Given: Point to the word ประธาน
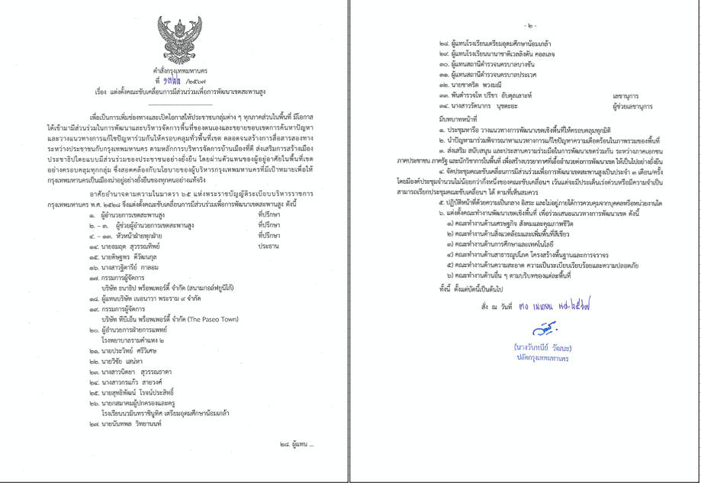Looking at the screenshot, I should click(x=268, y=247).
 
